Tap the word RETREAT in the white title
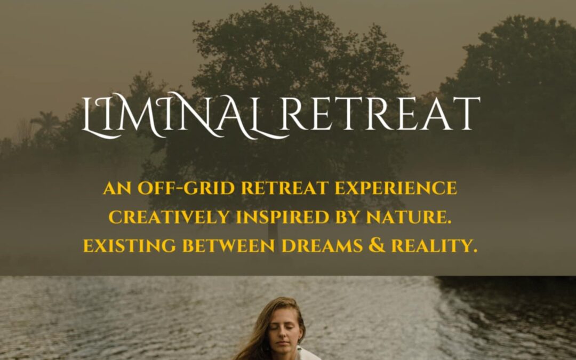[x=380, y=114]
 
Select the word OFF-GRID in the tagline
[x=186, y=188]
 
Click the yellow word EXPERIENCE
[x=396, y=188]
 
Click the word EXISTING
[x=130, y=246]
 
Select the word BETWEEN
[x=228, y=246]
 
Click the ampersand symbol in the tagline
[x=377, y=245]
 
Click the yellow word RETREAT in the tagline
[x=285, y=188]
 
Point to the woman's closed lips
[x=282, y=343]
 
